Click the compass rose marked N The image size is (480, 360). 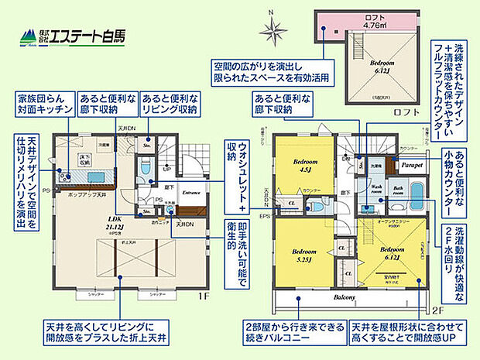tap(273, 29)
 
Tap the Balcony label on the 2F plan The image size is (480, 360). tap(345, 298)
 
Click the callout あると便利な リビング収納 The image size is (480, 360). tap(169, 105)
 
